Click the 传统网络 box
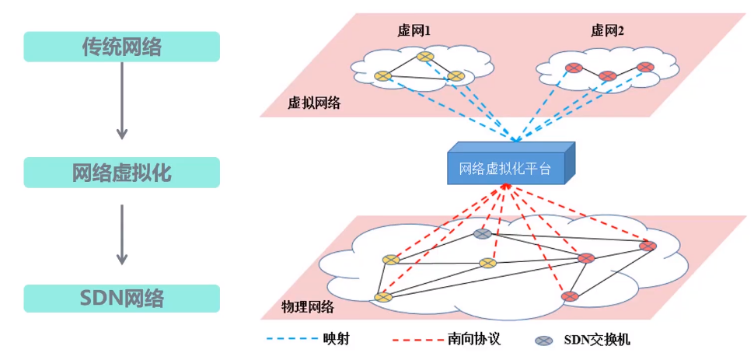tap(122, 47)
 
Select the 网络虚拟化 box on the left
tap(122, 173)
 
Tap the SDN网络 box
tap(122, 299)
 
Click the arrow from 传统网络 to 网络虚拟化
tap(121, 101)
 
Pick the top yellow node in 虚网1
tap(424, 56)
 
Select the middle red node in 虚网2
tap(608, 76)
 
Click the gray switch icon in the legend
tap(545, 341)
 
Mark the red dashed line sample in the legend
tap(416, 340)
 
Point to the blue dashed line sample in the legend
tap(289, 340)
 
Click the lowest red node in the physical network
tap(570, 296)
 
